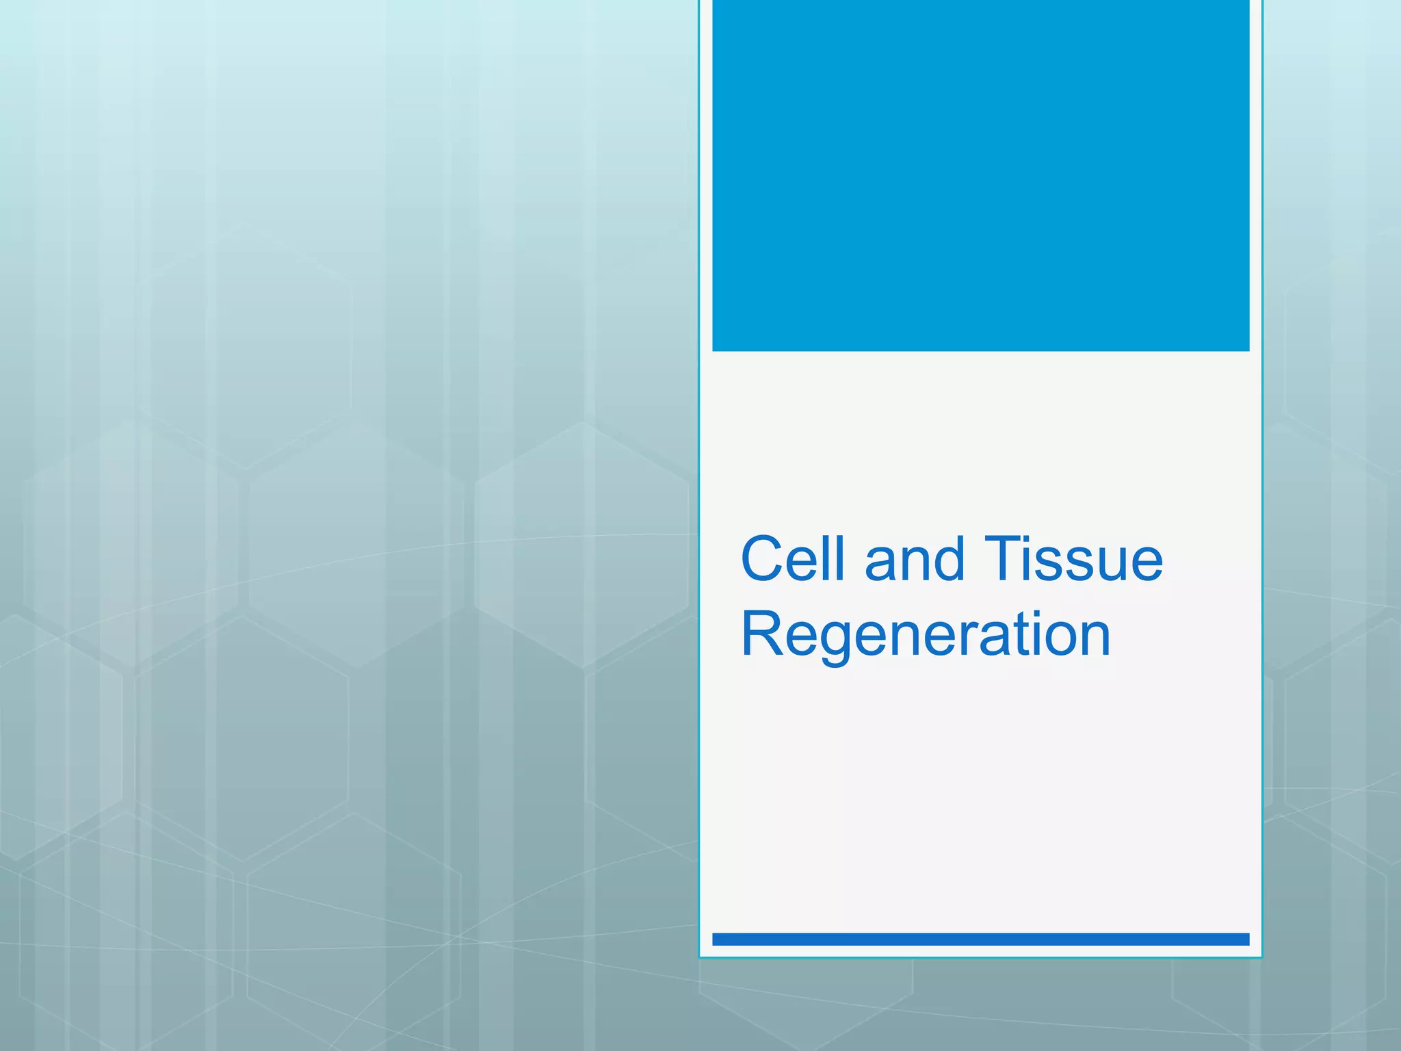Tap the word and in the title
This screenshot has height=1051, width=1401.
914,559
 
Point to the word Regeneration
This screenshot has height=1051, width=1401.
926,634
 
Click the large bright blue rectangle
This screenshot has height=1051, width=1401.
980,175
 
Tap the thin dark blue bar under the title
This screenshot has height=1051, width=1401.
980,939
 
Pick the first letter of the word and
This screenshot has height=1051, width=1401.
882,565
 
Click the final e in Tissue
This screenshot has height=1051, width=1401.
1145,565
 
